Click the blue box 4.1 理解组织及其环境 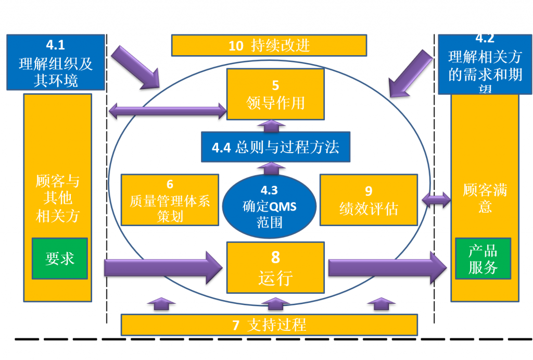[x=56, y=63]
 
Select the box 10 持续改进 [x=269, y=45]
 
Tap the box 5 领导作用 [x=275, y=94]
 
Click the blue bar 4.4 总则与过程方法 [x=275, y=147]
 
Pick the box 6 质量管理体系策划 [x=170, y=200]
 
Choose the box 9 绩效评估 [x=369, y=200]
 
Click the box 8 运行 [x=275, y=267]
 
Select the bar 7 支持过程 [x=269, y=325]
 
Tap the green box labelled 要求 [x=59, y=258]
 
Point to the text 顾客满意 [x=485, y=197]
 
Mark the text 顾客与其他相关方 [x=57, y=198]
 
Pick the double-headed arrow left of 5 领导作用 [x=167, y=110]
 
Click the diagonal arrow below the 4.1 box [x=136, y=67]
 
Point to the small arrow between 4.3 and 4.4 [x=270, y=168]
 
